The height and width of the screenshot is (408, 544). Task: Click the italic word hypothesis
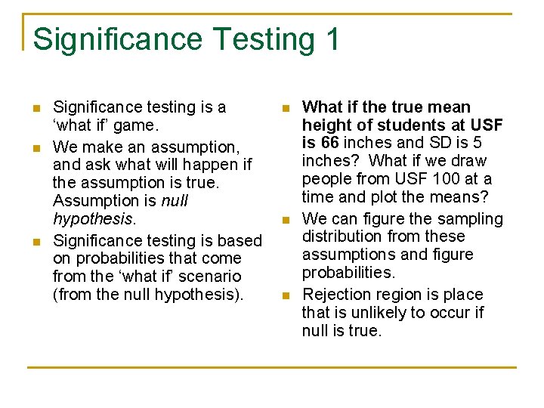point(92,219)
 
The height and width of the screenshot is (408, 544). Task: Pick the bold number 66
point(328,143)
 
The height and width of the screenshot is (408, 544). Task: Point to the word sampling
point(473,219)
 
